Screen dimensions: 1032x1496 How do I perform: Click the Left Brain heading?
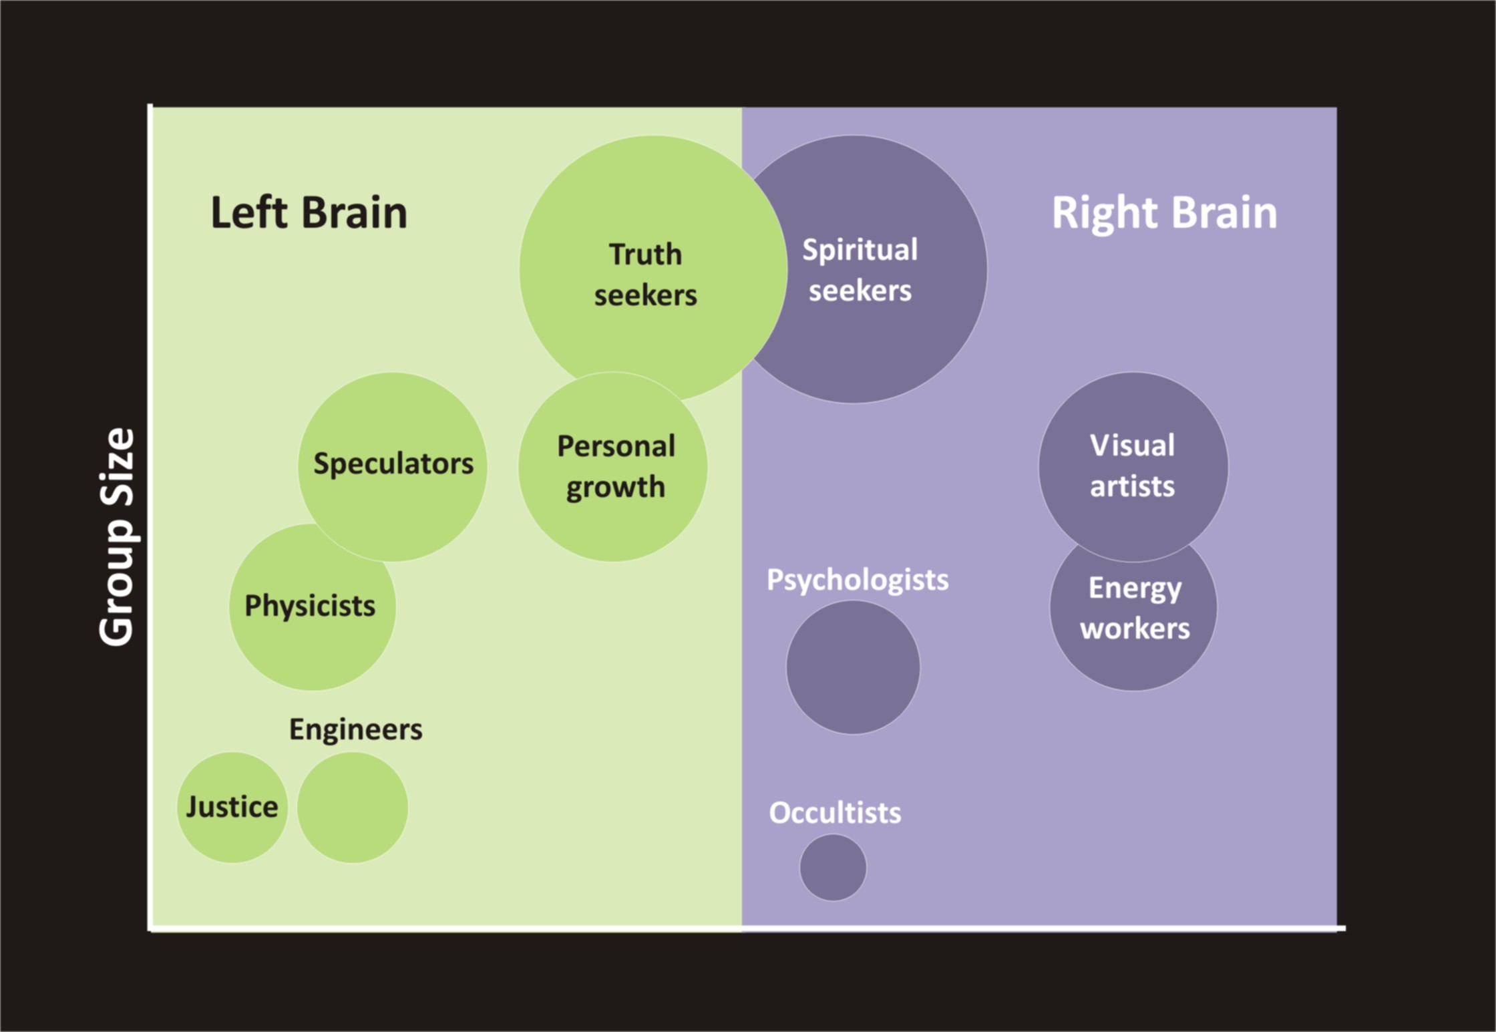[309, 212]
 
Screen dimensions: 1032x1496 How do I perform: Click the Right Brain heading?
[1164, 212]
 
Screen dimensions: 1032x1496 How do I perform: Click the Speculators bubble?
[393, 465]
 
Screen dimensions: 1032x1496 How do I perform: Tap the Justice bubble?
[232, 807]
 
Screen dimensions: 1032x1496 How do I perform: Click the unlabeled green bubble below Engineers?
[352, 807]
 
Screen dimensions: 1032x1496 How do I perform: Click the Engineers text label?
[355, 729]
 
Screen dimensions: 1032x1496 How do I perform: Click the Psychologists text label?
[857, 579]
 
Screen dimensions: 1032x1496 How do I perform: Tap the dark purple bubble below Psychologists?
[853, 667]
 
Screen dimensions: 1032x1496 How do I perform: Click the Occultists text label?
[835, 812]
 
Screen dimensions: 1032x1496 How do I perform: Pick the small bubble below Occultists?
[833, 867]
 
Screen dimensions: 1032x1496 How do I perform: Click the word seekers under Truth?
[645, 295]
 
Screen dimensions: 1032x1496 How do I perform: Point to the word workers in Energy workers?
[1135, 628]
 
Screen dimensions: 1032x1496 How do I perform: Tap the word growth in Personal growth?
[615, 487]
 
